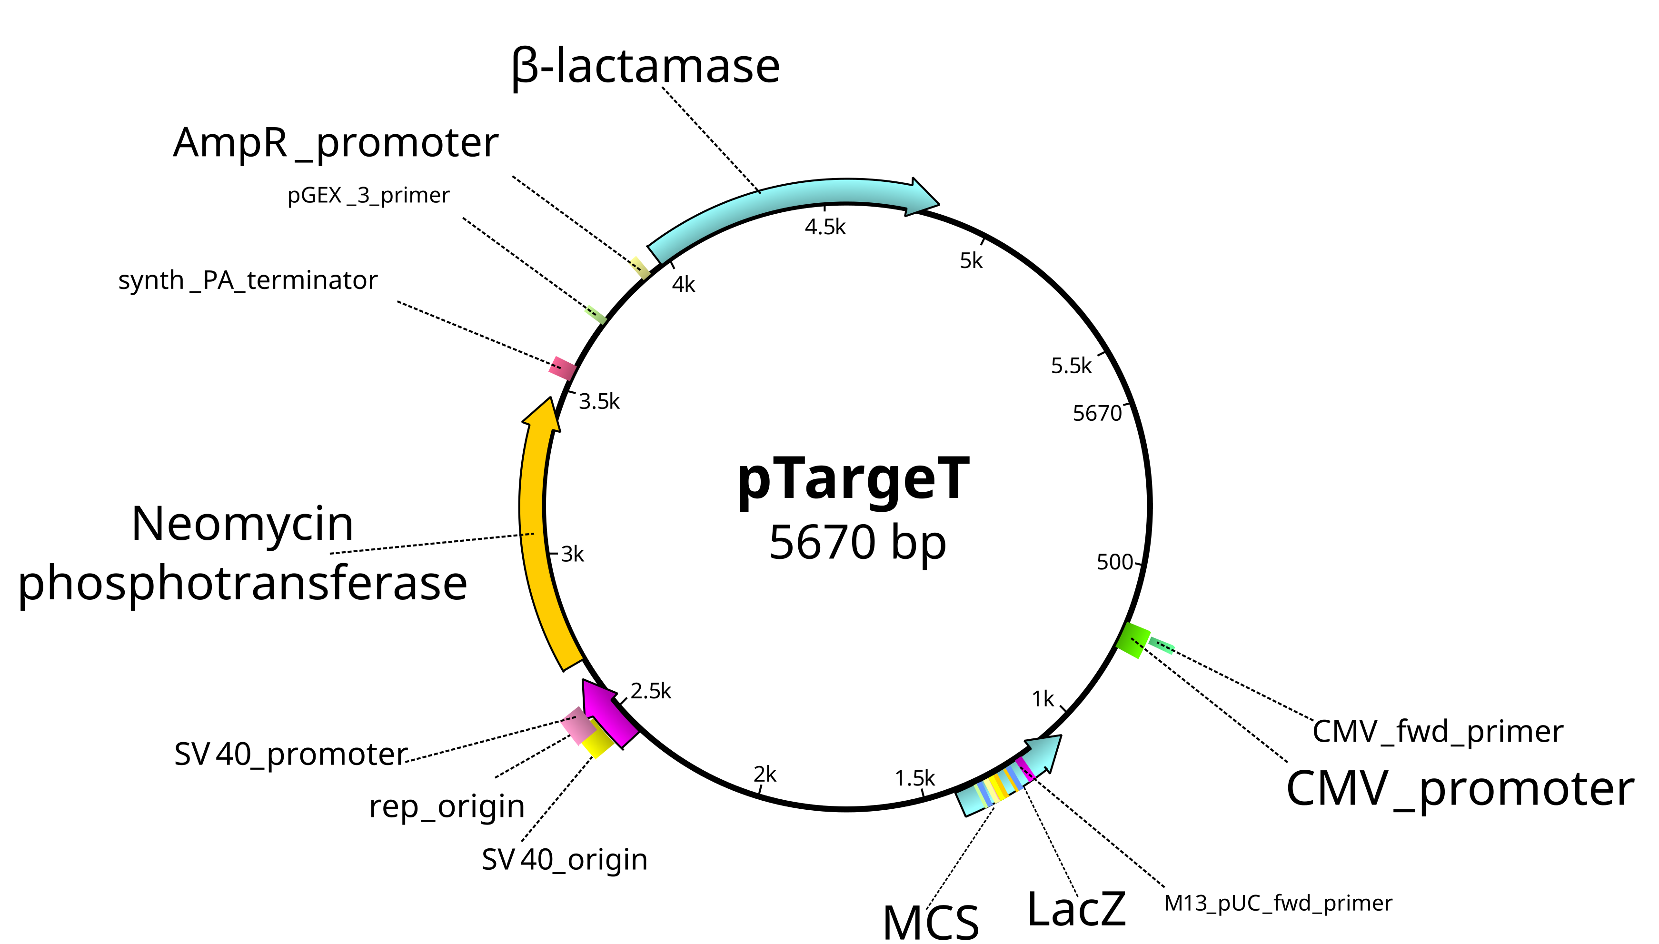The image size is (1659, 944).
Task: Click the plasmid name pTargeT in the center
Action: [x=853, y=481]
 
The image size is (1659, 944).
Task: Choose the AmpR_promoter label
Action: [x=335, y=143]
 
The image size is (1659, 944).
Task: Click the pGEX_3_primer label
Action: [x=368, y=195]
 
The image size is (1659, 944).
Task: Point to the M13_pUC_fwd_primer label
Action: [x=1277, y=903]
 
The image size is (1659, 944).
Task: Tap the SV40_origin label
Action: [x=564, y=860]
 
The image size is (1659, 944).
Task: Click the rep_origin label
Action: [x=447, y=807]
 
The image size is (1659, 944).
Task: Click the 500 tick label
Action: [x=1114, y=562]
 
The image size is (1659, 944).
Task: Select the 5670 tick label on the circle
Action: [x=1097, y=413]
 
